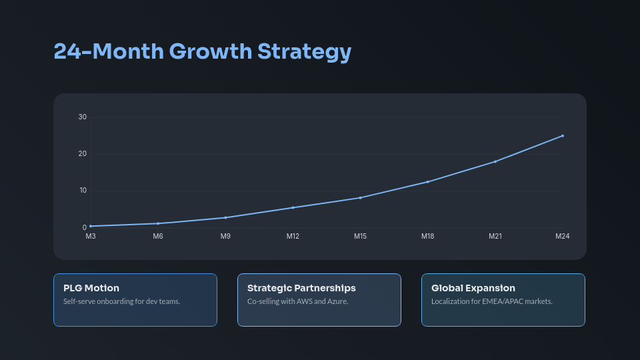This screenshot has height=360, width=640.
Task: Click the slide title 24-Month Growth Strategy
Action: pyautogui.click(x=202, y=51)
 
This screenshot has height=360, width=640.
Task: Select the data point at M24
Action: pyautogui.click(x=563, y=136)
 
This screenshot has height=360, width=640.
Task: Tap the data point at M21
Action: pyautogui.click(x=495, y=161)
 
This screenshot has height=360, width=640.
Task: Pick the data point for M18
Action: pyautogui.click(x=427, y=181)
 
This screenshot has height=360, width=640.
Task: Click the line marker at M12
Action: pyautogui.click(x=293, y=207)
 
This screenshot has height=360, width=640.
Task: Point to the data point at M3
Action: pyautogui.click(x=91, y=226)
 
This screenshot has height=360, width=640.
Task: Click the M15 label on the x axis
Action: pyautogui.click(x=360, y=236)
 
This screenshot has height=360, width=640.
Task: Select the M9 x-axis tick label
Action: pyautogui.click(x=225, y=236)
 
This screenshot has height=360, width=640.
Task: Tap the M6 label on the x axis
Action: pyautogui.click(x=158, y=236)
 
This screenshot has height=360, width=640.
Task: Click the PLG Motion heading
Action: pyautogui.click(x=91, y=288)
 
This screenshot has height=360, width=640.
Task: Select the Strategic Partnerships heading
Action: pyautogui.click(x=301, y=288)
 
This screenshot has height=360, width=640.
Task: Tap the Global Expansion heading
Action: pyautogui.click(x=473, y=288)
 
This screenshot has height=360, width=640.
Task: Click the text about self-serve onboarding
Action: pyautogui.click(x=122, y=301)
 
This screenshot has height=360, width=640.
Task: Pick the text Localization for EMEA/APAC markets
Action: pyautogui.click(x=492, y=301)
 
